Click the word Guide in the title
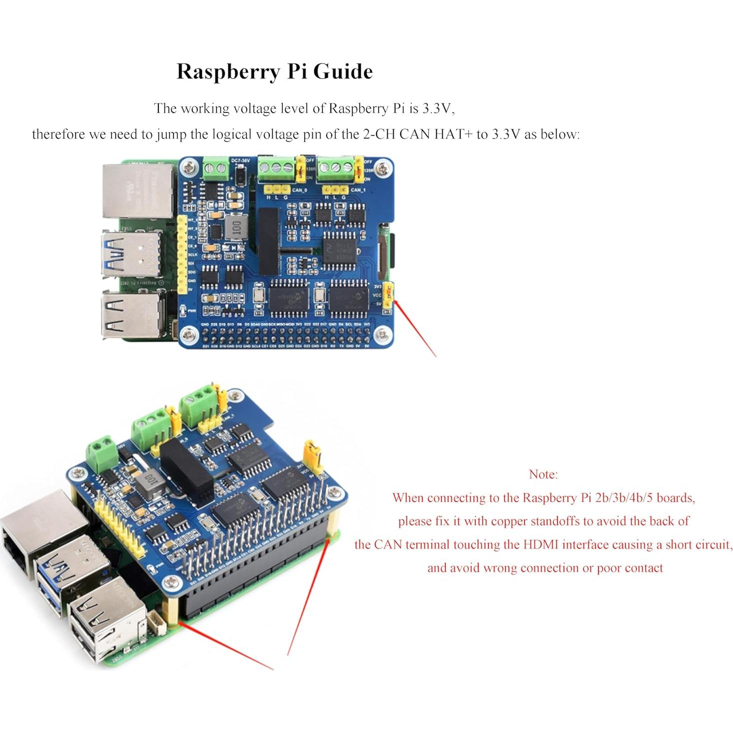(x=343, y=71)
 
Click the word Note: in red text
(x=543, y=474)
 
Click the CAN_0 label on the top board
(x=300, y=190)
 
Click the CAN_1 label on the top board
(x=358, y=190)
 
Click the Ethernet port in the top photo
(x=138, y=190)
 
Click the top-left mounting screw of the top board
(x=188, y=167)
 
